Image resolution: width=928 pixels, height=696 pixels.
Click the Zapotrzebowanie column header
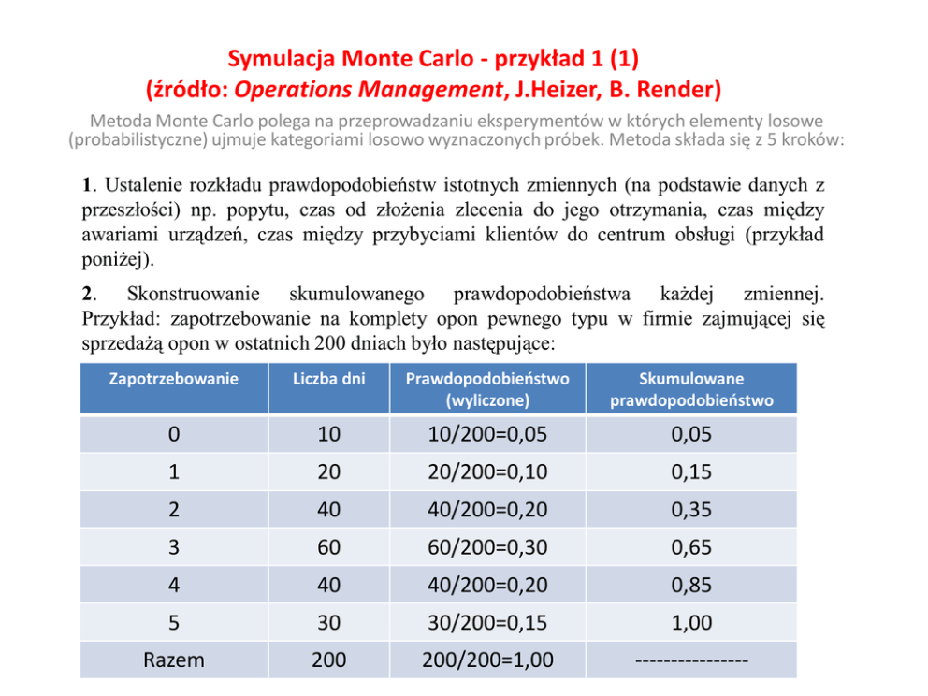click(174, 379)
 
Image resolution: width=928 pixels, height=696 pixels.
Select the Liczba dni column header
click(328, 379)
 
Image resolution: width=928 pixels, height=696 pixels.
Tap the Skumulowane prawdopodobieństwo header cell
click(691, 390)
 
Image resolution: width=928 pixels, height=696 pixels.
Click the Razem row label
click(174, 660)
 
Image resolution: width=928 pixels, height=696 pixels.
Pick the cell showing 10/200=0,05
click(486, 434)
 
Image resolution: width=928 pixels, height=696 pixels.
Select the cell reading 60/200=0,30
click(486, 547)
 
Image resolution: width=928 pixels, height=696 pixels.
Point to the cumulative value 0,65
click(691, 547)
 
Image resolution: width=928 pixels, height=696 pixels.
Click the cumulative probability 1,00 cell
click(691, 622)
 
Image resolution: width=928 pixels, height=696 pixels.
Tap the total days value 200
click(328, 660)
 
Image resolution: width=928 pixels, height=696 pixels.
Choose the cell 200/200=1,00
click(486, 660)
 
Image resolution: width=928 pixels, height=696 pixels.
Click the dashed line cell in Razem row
click(691, 660)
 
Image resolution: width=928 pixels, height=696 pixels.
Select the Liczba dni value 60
click(328, 547)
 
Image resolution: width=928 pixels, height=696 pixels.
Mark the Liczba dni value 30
click(328, 622)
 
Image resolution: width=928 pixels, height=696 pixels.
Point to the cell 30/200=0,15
click(486, 622)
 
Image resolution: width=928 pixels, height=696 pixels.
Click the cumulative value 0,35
click(691, 510)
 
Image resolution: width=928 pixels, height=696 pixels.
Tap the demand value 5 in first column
click(174, 622)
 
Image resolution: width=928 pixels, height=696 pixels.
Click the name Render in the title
click(684, 90)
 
